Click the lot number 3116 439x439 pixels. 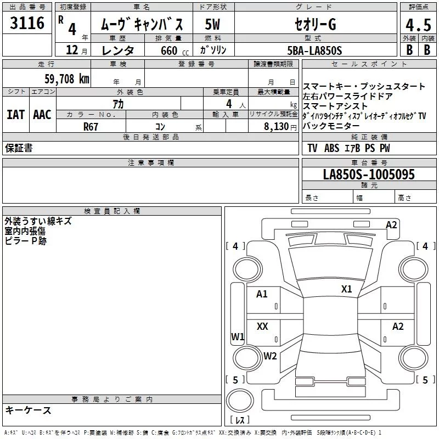click(27, 23)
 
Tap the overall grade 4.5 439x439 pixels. click(418, 25)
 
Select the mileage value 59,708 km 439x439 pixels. click(67, 79)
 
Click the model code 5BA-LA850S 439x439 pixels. click(314, 50)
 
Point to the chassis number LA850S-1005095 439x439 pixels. click(369, 174)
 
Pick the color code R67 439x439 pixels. click(91, 127)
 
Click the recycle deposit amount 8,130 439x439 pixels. click(276, 126)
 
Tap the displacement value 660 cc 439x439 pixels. click(175, 50)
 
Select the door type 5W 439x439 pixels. click(212, 24)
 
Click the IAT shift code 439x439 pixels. click(16, 115)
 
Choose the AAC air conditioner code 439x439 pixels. click(42, 115)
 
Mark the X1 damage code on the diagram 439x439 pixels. click(347, 289)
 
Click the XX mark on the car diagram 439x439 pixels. click(262, 326)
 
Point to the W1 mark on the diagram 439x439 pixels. click(238, 336)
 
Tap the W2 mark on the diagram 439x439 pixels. click(270, 356)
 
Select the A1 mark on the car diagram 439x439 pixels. click(262, 294)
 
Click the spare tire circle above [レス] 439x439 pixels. click(240, 401)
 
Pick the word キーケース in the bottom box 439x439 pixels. click(28, 410)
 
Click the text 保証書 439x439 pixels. click(19, 148)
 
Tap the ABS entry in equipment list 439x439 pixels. click(331, 148)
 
